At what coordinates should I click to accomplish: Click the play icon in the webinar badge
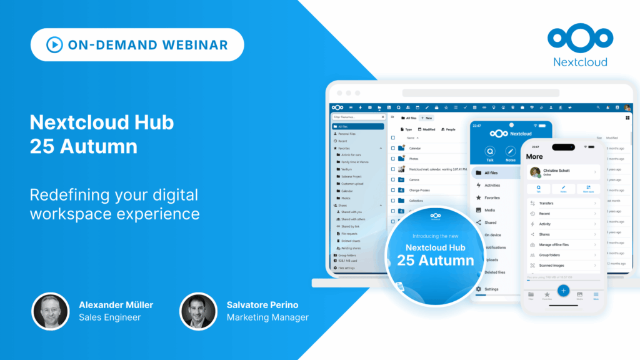click(x=54, y=45)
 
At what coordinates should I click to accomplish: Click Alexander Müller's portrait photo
click(x=51, y=311)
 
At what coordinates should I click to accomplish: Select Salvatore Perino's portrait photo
click(x=198, y=311)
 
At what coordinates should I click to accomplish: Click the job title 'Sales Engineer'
click(x=109, y=317)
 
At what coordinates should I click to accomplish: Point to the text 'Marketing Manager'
click(x=267, y=317)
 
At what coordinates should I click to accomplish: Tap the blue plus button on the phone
click(x=563, y=291)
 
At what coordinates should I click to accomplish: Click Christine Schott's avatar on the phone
click(x=535, y=172)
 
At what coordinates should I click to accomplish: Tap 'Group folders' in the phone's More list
click(x=550, y=255)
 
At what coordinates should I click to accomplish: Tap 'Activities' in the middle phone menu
click(x=492, y=185)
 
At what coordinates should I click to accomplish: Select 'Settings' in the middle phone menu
click(x=491, y=289)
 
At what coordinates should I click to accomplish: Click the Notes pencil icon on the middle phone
click(x=511, y=151)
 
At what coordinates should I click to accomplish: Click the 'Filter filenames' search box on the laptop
click(x=357, y=117)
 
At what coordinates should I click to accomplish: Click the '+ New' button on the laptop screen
click(x=427, y=117)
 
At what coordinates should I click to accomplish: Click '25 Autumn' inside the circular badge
click(x=436, y=260)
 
